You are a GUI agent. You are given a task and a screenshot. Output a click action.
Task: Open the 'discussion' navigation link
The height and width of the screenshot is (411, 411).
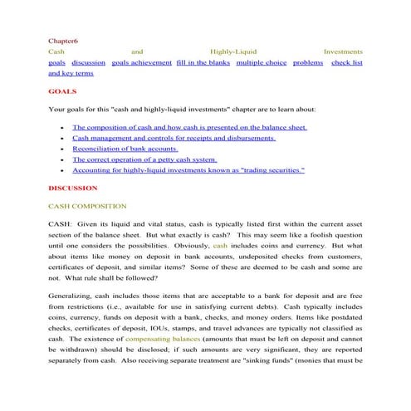tap(88, 62)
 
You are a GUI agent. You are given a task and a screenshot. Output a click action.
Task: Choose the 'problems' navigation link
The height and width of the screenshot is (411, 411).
tap(308, 62)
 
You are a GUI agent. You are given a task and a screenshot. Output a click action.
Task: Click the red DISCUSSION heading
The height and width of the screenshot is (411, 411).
tap(72, 188)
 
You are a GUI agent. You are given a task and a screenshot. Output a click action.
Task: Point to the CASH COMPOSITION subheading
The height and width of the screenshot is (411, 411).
tap(87, 206)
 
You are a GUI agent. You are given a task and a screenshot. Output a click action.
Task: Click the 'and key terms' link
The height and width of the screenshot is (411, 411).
tap(71, 73)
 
